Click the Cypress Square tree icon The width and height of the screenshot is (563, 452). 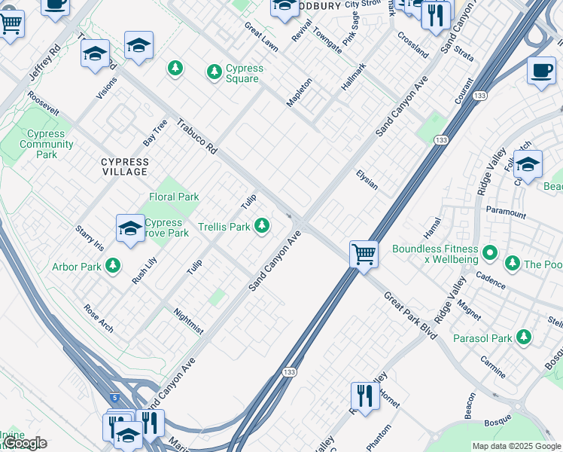[215, 72]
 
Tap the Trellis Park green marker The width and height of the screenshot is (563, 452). [262, 225]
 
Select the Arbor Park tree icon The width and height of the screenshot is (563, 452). [113, 265]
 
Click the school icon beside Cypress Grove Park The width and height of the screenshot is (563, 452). [130, 228]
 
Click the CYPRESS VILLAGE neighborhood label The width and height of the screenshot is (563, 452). [125, 166]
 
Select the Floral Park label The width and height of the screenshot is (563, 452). [174, 197]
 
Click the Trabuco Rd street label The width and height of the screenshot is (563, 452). [197, 136]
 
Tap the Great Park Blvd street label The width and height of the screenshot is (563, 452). [410, 315]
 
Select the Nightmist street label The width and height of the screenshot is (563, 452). [188, 321]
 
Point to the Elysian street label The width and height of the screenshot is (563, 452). [367, 179]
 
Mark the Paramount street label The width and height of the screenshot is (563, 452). [506, 212]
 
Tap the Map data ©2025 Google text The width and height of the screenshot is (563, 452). [516, 446]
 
